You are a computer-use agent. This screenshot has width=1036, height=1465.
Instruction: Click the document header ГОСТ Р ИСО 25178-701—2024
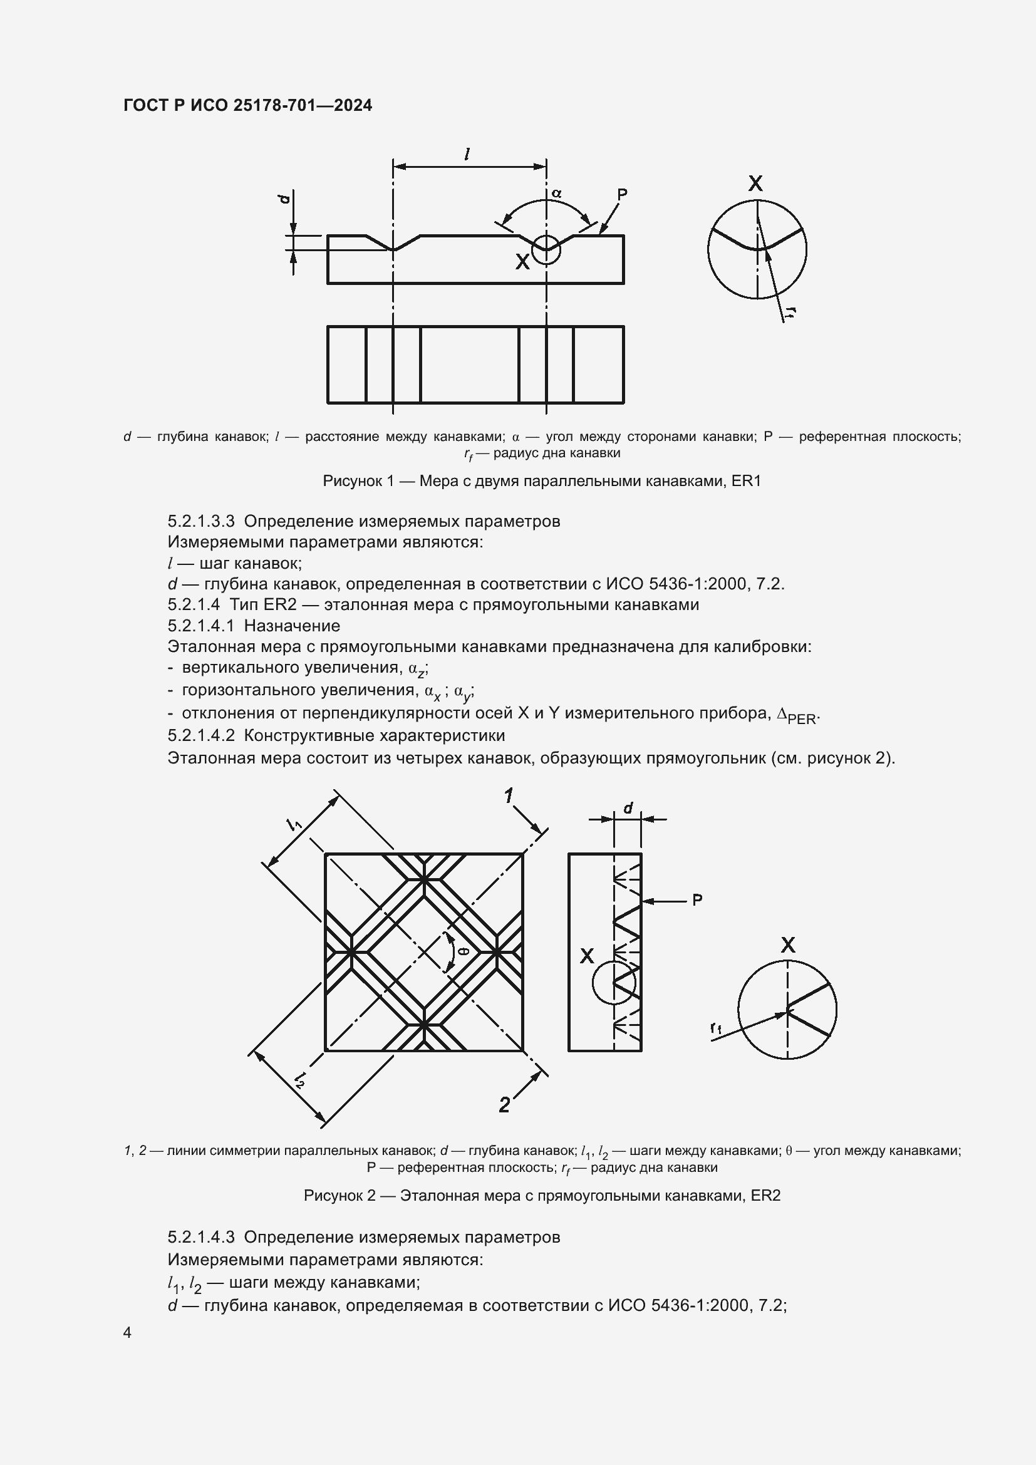pos(247,106)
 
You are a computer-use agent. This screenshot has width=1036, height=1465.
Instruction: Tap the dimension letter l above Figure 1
pos(468,154)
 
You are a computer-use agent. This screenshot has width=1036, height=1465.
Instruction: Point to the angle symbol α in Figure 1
pos(556,193)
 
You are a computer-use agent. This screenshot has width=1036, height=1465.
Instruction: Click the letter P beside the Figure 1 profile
pos(622,194)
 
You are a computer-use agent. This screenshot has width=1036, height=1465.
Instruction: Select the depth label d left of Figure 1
pos(284,199)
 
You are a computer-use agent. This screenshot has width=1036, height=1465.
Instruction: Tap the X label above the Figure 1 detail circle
pos(755,184)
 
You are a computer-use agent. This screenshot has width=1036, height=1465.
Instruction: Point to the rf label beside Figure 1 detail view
pos(790,312)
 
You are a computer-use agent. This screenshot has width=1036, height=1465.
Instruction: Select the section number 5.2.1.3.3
pos(201,521)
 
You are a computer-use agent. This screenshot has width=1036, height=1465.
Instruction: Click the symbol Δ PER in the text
pos(797,716)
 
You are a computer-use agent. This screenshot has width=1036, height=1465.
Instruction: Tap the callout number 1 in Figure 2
pos(509,796)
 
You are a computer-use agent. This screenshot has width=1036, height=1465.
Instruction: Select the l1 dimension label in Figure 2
pos(295,825)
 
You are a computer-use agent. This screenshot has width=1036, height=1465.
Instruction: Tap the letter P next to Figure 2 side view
pos(697,900)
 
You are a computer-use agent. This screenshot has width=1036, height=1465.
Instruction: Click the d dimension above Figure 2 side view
pos(628,809)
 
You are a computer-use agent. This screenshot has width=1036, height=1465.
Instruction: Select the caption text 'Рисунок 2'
pos(339,1196)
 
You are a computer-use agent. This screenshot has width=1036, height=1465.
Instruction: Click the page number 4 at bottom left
pos(128,1332)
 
